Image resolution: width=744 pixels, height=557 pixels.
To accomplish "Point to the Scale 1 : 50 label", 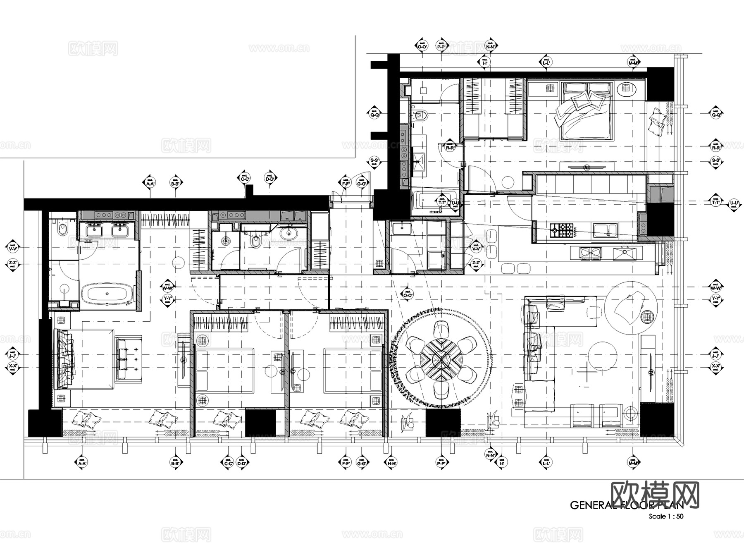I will [x=665, y=516].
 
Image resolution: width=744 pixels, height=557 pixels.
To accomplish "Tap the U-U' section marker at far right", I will [x=734, y=203].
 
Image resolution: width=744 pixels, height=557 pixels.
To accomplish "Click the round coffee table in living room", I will [x=603, y=356].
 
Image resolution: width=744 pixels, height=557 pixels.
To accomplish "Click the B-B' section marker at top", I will [x=176, y=183].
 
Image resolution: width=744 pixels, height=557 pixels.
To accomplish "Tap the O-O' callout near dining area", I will [x=407, y=294].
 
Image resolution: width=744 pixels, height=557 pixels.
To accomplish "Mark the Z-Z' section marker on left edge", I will [x=12, y=264].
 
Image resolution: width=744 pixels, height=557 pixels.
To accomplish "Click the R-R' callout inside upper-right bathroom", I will [x=450, y=147].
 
